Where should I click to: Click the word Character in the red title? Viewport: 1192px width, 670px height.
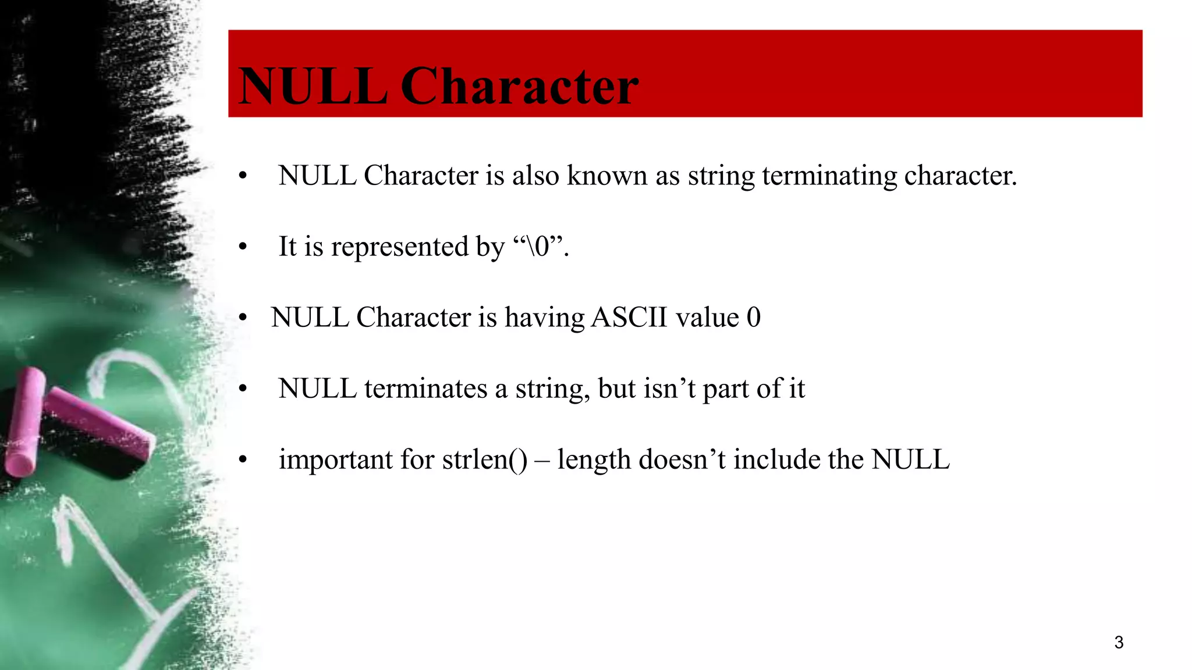click(519, 86)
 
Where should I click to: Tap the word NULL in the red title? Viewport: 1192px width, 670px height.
click(313, 86)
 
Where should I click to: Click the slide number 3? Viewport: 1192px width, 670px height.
click(1118, 642)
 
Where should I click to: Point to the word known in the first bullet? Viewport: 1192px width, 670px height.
click(606, 176)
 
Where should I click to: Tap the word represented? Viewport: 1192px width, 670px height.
click(400, 247)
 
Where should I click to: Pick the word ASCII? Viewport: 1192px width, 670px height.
click(629, 318)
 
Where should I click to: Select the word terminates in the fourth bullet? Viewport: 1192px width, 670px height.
click(425, 389)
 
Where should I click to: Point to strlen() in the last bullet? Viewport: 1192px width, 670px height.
click(484, 459)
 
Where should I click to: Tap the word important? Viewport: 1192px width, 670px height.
click(336, 459)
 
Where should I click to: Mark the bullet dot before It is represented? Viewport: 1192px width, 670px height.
click(243, 247)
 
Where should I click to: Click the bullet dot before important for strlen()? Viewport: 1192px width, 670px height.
click(243, 460)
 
